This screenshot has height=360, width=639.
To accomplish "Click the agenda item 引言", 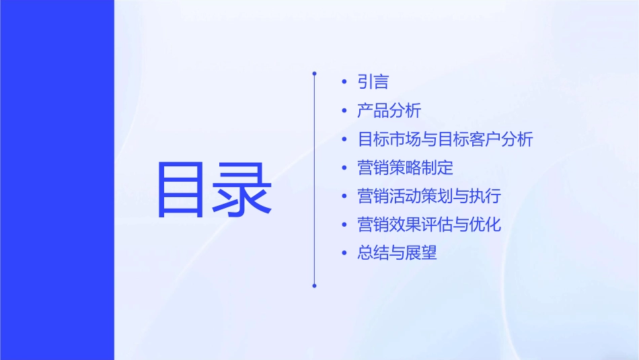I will click(373, 82).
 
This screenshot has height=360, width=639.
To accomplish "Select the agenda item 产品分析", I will click(389, 111).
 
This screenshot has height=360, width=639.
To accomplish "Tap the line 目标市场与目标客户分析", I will click(445, 140).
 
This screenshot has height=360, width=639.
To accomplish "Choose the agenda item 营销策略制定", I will click(406, 168).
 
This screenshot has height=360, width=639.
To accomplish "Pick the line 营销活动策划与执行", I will click(429, 196).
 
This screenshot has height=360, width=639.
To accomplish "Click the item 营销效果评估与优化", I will click(429, 225).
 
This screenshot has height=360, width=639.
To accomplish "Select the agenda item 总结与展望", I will click(398, 254).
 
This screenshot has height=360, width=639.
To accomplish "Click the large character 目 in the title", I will click(181, 190).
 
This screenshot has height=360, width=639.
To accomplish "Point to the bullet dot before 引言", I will click(345, 82).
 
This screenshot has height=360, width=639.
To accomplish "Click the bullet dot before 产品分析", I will click(345, 111).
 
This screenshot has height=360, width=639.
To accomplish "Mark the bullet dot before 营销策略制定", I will click(345, 168).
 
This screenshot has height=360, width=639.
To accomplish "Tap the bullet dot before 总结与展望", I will click(345, 254).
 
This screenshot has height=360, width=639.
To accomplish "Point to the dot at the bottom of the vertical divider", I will click(314, 285).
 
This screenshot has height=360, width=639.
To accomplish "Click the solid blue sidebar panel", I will click(57, 180).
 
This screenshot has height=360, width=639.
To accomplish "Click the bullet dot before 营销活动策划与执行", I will click(345, 196).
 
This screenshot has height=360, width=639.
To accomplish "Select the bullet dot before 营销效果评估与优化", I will click(345, 225).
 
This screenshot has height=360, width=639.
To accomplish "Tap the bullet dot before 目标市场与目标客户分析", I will click(345, 140).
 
